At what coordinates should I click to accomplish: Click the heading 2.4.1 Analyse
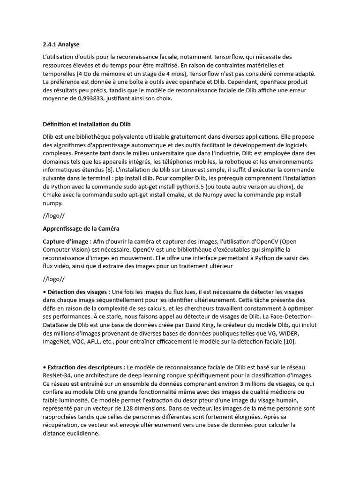coord(61,45)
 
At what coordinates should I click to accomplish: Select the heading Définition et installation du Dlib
coord(87,124)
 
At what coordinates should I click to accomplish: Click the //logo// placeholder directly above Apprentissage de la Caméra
coord(53,216)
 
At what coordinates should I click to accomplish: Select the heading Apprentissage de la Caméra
coord(81,229)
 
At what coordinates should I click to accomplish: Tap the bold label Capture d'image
coord(66,241)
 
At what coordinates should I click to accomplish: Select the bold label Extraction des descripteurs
coord(85,367)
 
